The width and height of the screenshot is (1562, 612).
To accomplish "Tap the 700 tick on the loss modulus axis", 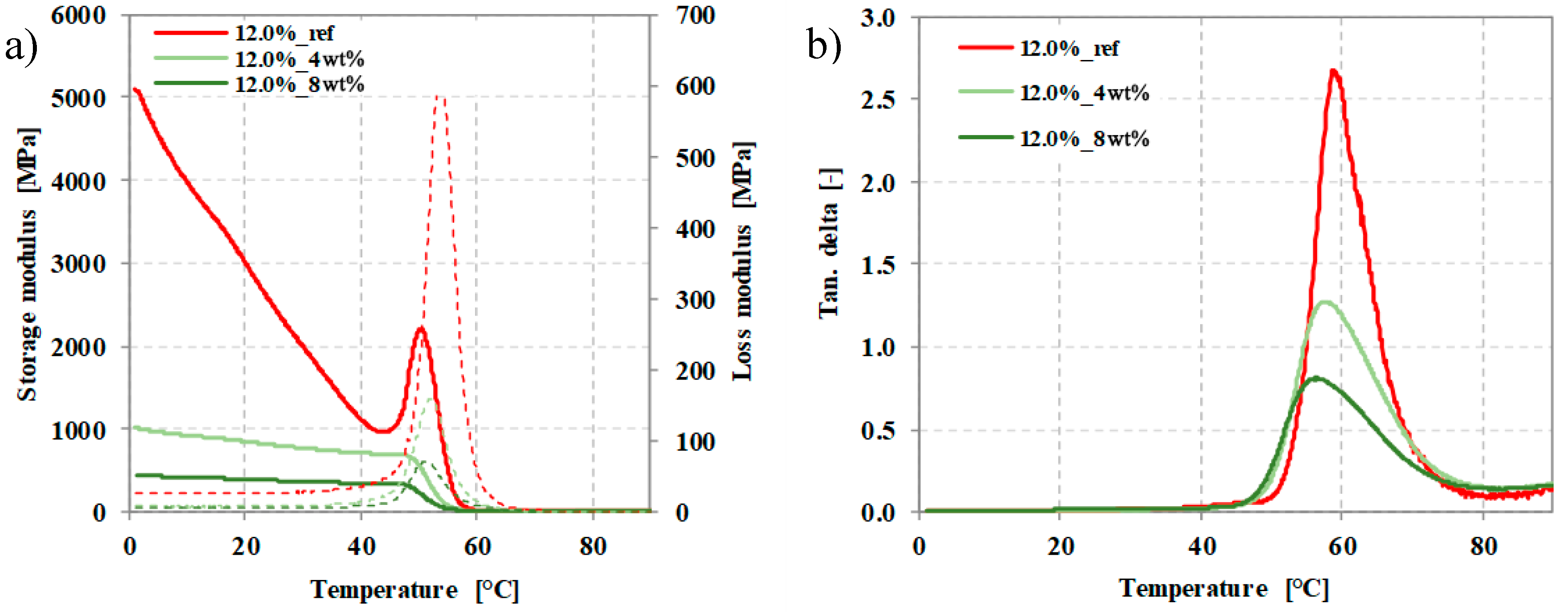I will click(x=695, y=15).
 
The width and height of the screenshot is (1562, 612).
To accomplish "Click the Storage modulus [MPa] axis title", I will click(x=27, y=264).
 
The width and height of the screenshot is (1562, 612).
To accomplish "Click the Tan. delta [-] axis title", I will click(x=829, y=243).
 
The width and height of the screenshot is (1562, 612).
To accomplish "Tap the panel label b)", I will click(x=825, y=44).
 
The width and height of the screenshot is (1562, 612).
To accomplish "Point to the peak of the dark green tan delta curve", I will click(x=1314, y=378).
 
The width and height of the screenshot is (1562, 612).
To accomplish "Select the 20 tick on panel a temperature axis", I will click(x=245, y=547).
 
